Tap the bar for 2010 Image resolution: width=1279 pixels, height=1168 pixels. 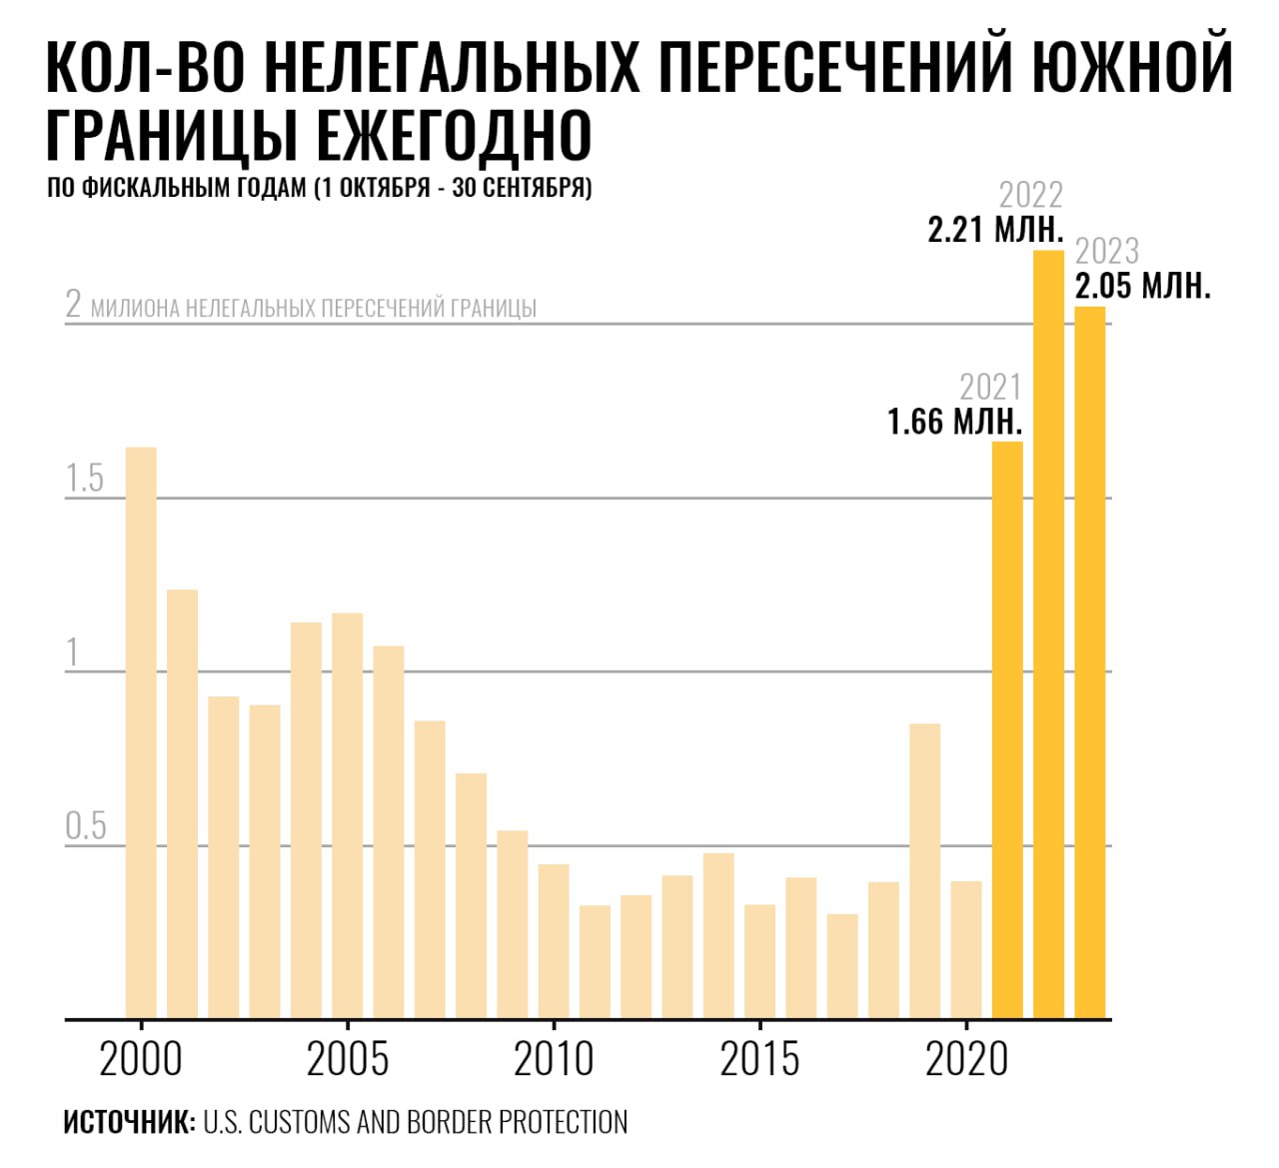click(554, 941)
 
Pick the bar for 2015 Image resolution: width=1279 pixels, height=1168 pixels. click(760, 961)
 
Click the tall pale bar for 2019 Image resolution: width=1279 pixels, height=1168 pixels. click(925, 870)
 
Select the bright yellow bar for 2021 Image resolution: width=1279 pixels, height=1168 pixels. click(1007, 729)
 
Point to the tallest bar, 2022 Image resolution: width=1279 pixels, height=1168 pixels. click(1048, 634)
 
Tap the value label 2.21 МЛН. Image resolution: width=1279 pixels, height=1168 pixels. click(995, 230)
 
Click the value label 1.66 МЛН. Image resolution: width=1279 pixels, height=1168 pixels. click(955, 422)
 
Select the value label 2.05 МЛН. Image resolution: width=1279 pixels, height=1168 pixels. click(1143, 287)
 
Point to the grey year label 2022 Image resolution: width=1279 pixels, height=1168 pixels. click(1031, 195)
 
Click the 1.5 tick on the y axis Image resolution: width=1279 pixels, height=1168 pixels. click(85, 480)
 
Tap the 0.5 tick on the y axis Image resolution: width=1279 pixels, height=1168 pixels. click(85, 827)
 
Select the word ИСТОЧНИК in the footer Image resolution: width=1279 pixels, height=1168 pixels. click(129, 1122)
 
